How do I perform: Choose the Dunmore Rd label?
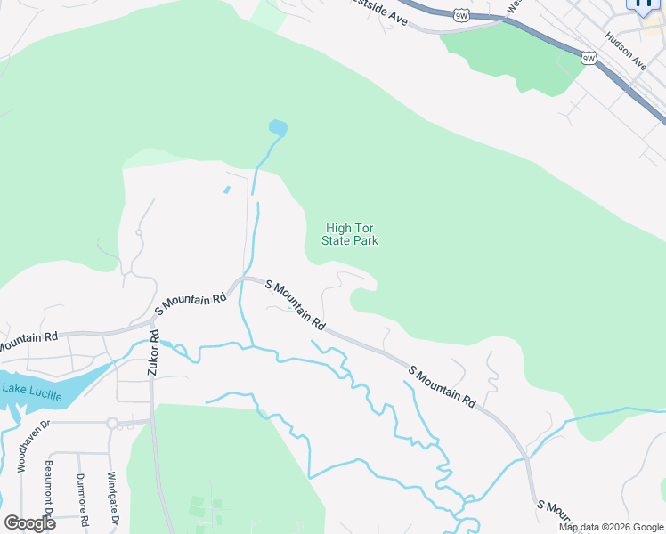82,495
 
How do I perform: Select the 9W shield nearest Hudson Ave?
589,58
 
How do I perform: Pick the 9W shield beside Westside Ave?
461,15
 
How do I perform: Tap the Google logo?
29,523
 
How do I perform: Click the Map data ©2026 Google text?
611,527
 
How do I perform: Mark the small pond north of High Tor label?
278,127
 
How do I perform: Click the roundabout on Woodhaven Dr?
112,424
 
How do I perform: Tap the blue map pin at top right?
643,5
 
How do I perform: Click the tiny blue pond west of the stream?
227,189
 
